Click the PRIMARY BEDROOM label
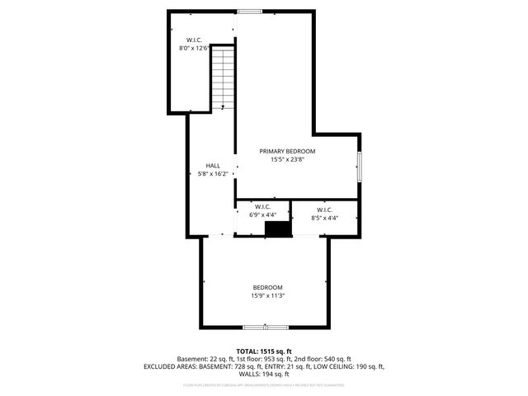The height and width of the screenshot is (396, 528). point(287,151)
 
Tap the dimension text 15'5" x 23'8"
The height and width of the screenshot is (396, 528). point(287,160)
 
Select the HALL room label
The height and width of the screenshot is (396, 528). point(212,166)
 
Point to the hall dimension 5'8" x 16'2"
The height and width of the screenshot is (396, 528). point(212,174)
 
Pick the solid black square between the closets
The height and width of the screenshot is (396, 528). point(279,229)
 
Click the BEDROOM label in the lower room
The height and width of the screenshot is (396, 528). point(267,287)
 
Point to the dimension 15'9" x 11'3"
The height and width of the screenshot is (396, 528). point(267,295)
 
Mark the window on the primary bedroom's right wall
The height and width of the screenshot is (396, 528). point(359,167)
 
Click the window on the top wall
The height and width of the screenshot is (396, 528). point(248,11)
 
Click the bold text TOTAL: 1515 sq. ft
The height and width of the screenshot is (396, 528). point(264,351)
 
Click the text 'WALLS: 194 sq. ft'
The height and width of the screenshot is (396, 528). point(264,374)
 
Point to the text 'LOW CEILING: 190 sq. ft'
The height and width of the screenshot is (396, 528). point(349,366)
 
